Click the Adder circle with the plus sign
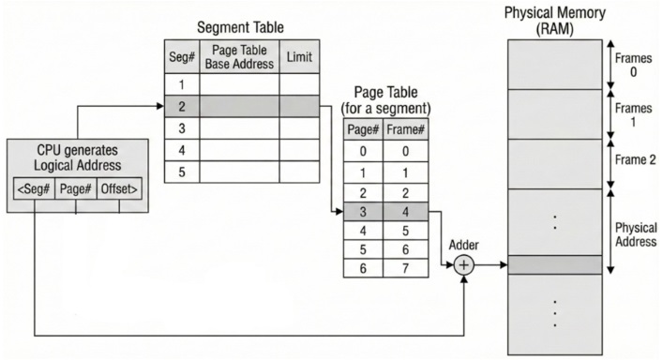click(x=464, y=265)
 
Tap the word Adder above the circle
click(x=464, y=245)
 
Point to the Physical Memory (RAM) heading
click(x=554, y=20)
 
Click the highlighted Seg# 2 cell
click(x=181, y=106)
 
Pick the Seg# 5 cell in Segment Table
click(x=181, y=172)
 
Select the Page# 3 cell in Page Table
click(x=362, y=212)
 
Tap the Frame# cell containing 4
click(x=404, y=212)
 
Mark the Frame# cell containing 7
click(x=404, y=268)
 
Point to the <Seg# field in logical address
click(x=34, y=187)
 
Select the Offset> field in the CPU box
click(x=120, y=187)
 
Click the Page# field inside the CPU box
click(x=76, y=187)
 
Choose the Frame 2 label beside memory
click(x=635, y=160)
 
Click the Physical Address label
click(x=635, y=233)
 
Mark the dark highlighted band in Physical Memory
click(x=554, y=265)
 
